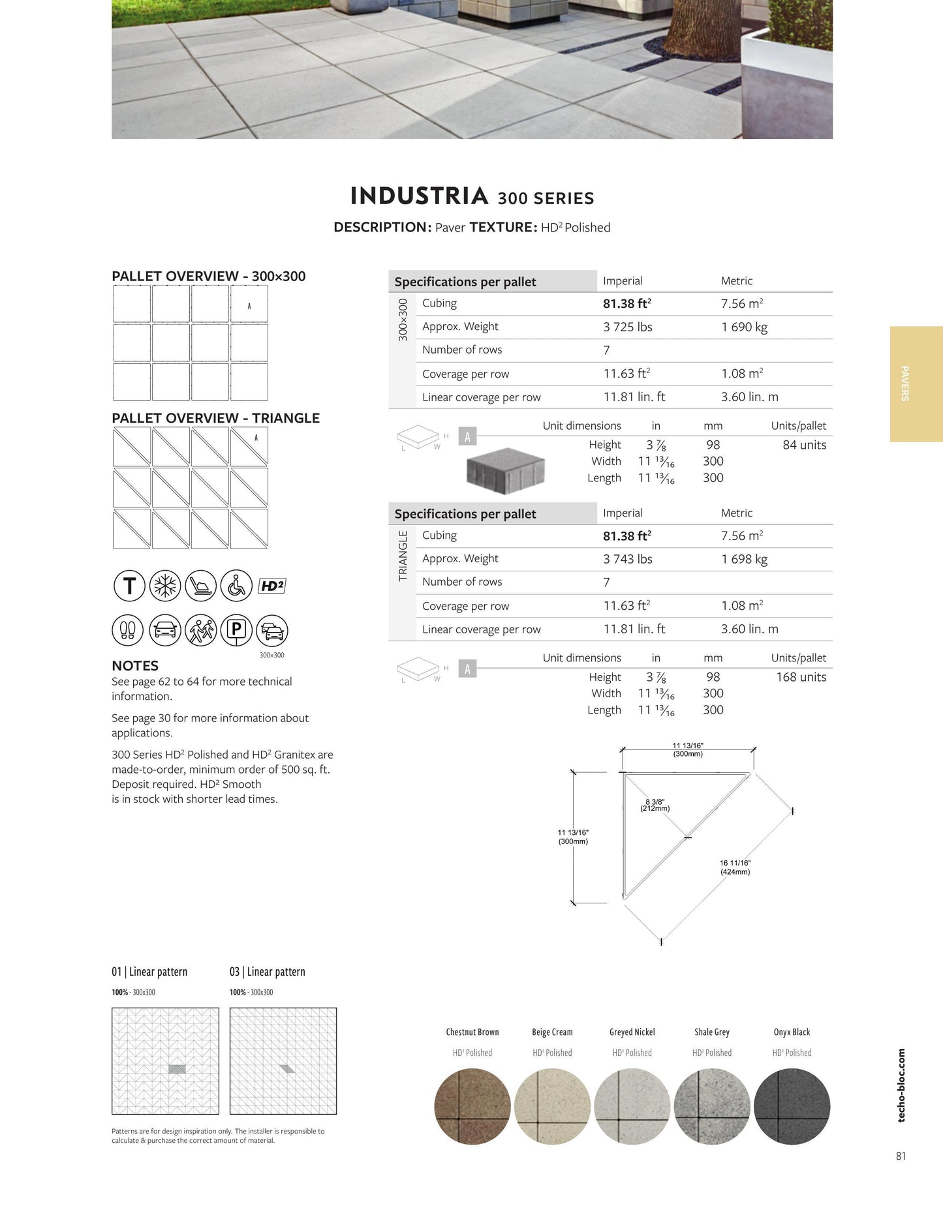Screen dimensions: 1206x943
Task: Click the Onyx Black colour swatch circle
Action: pos(792,1106)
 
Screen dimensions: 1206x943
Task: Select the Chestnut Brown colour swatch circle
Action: pos(472,1106)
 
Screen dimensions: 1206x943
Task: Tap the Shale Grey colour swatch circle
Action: pos(712,1106)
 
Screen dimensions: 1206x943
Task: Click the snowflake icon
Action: pos(165,586)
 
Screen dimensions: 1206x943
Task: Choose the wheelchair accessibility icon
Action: pos(236,586)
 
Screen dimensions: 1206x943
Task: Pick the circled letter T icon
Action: pos(129,586)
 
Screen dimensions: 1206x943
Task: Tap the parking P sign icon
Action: pos(236,630)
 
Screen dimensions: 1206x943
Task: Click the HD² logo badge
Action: pos(272,586)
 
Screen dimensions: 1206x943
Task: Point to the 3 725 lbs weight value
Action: pos(627,327)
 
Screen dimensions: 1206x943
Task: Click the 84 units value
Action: pos(804,445)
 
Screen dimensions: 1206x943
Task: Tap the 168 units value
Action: pos(801,677)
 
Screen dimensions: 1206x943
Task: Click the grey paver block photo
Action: pos(505,470)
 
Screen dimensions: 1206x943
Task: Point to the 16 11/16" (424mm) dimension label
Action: pos(735,867)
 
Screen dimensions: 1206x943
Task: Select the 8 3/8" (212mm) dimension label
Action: pos(655,806)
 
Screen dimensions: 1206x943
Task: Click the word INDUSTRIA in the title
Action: pos(419,196)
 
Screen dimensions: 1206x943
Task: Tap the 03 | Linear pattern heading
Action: pos(267,972)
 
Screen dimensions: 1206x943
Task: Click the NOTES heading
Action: pos(135,666)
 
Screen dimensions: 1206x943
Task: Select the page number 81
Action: pos(901,1156)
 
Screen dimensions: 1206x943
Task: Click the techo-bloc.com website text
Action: pos(901,1085)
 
